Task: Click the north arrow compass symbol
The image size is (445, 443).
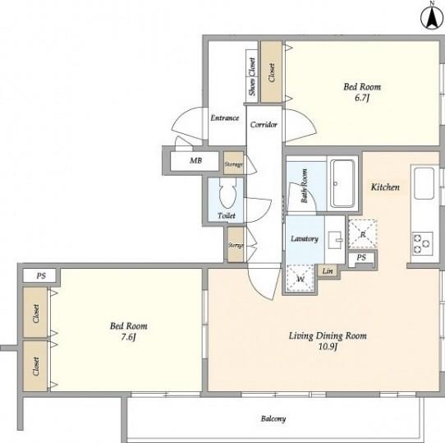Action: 432,17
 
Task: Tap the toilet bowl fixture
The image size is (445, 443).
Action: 228,193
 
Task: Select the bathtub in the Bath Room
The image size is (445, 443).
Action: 343,183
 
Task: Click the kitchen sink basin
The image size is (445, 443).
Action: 424,183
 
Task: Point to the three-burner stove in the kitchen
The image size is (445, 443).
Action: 423,244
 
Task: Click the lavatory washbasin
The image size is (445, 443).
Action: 336,240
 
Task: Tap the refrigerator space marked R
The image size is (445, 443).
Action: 363,234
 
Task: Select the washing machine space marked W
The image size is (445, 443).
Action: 300,279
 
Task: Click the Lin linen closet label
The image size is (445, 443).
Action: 328,270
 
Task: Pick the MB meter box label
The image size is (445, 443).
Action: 196,160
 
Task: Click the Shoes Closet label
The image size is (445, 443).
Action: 252,76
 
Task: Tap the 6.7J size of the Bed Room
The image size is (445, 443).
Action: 362,98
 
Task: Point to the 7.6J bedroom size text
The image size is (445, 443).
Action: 128,337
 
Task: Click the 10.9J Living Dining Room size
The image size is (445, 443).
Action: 328,347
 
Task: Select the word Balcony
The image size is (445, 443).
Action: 273,419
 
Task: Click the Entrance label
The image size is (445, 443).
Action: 225,118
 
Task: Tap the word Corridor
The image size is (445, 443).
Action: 264,124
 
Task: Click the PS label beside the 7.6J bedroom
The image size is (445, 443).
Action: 41,275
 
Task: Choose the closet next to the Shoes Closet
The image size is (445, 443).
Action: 271,72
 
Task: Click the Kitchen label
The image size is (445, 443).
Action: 385,187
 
